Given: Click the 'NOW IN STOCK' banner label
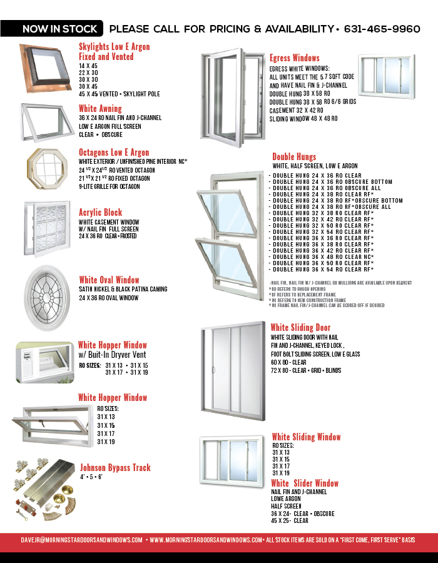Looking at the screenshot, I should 60,29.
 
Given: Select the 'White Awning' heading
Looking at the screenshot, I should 100,109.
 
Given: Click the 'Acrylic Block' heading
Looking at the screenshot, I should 100,213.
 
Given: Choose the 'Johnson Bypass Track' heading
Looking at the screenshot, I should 115,468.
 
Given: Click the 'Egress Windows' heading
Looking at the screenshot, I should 294,58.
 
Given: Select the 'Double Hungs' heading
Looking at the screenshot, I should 294,157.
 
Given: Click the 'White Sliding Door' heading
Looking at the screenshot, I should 300,328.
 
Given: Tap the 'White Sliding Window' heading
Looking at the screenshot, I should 306,437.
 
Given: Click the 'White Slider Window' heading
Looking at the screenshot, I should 305,484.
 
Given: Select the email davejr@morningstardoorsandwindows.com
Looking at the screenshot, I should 81,539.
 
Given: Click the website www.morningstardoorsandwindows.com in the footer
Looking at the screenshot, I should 206,539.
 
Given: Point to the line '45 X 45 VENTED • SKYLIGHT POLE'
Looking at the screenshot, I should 120,94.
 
